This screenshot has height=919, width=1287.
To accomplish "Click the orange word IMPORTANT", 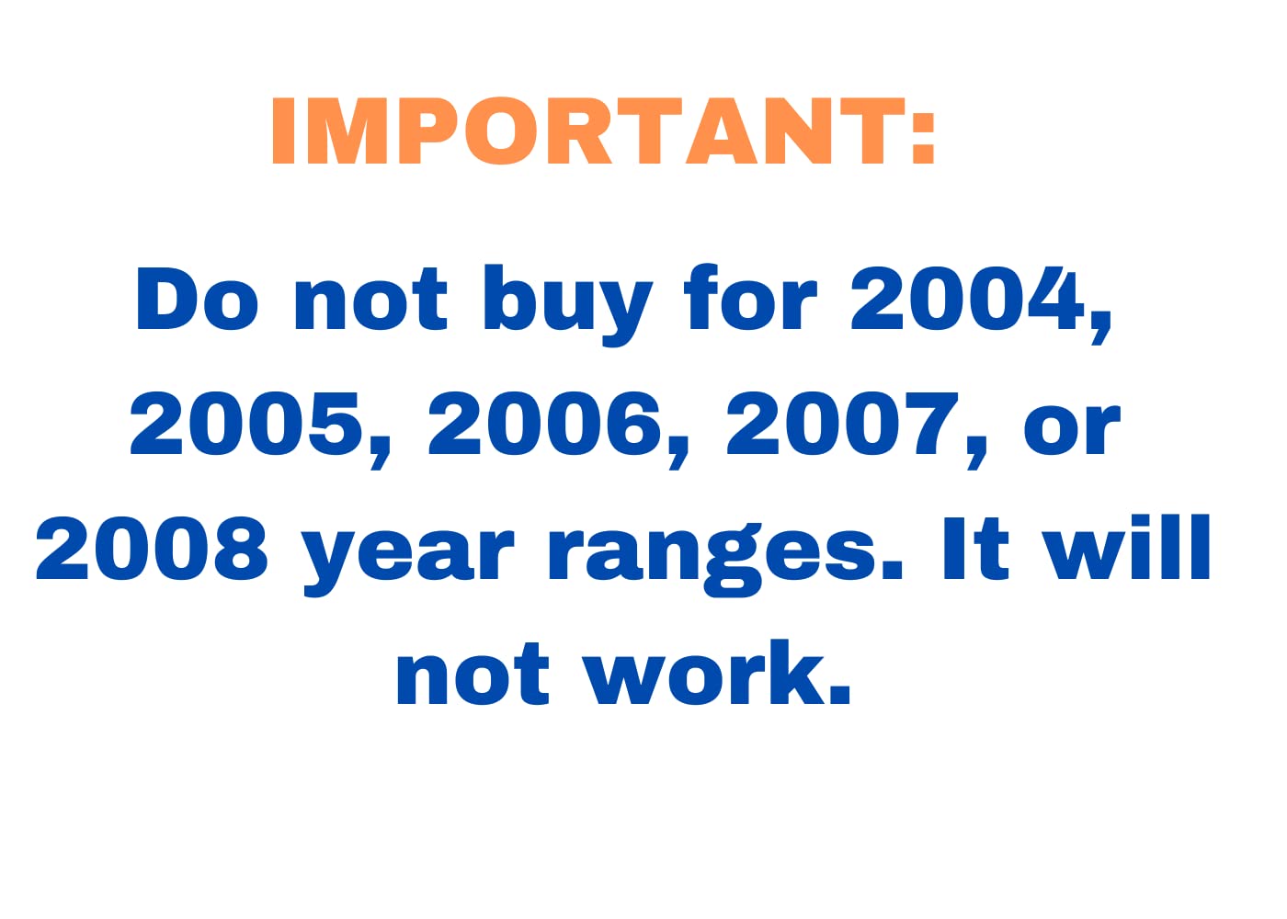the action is pyautogui.click(x=588, y=130).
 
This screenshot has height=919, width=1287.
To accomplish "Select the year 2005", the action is pyautogui.click(x=246, y=425).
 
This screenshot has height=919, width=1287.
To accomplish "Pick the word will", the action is pyautogui.click(x=1127, y=548).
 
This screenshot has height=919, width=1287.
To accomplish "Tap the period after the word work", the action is pyautogui.click(x=839, y=693).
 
